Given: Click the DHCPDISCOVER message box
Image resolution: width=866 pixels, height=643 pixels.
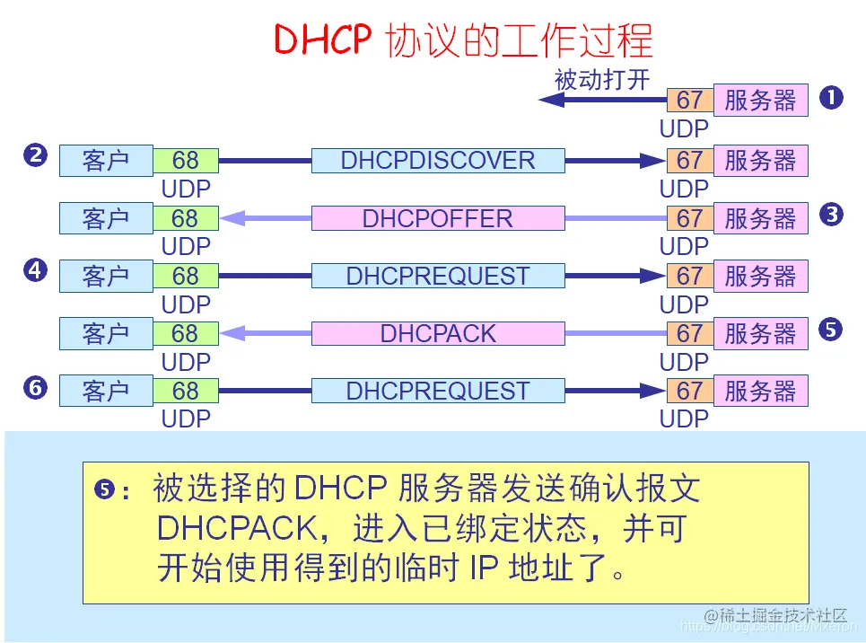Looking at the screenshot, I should tap(438, 161).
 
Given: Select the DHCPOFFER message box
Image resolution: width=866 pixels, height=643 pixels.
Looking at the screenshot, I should tap(438, 218).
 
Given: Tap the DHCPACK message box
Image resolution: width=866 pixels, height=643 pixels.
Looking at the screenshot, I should tap(438, 333).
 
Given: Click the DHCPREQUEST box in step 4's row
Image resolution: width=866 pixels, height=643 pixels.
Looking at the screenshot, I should tap(438, 276).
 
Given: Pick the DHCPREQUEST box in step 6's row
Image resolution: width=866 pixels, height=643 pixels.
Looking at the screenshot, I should tap(438, 391).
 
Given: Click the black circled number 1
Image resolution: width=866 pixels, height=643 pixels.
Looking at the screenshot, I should tap(832, 98).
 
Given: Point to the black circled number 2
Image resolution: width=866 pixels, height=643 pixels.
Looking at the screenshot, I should tap(35, 155).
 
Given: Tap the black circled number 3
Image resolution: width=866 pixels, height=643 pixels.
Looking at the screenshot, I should tap(832, 214).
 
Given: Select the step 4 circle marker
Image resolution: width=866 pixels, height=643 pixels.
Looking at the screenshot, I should tap(35, 270).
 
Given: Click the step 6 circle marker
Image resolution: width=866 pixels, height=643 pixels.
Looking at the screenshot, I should tap(35, 387).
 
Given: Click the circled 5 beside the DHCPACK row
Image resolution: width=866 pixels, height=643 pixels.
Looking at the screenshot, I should tap(832, 329).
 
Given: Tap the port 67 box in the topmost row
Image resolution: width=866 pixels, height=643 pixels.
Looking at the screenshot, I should tap(689, 100).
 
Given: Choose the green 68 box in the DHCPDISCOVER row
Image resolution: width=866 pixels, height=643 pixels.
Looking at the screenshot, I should tap(185, 161).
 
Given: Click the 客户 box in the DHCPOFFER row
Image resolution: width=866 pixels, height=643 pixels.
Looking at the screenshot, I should tap(106, 218).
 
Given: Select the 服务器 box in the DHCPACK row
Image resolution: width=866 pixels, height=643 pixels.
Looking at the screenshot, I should tap(760, 333).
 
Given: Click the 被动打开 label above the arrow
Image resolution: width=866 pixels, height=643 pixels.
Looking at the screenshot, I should tap(601, 79).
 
